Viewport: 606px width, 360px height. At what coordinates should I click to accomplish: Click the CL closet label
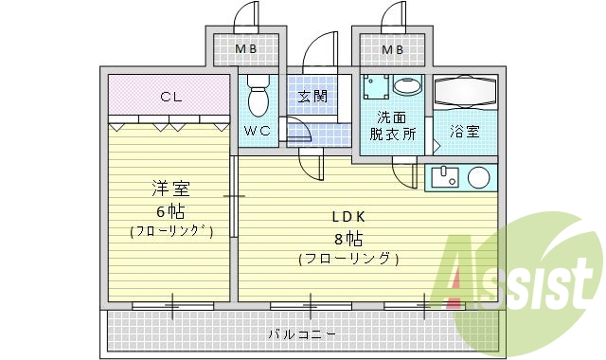pyautogui.click(x=170, y=96)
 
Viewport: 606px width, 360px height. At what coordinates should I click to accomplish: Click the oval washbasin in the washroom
pyautogui.click(x=408, y=86)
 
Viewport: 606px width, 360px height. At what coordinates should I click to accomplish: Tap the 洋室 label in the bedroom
pyautogui.click(x=170, y=187)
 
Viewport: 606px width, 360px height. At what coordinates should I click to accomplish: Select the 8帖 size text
pyautogui.click(x=348, y=237)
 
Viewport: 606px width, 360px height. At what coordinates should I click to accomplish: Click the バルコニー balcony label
pyautogui.click(x=301, y=333)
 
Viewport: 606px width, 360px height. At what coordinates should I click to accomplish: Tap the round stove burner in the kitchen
pyautogui.click(x=478, y=177)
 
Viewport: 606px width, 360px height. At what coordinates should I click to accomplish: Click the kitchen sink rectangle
pyautogui.click(x=444, y=177)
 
